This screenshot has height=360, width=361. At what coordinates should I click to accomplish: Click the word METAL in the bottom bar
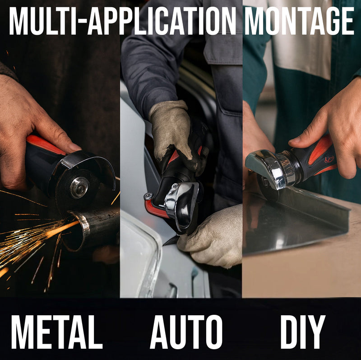pyautogui.click(x=56, y=332)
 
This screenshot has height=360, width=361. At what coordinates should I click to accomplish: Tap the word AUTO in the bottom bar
pyautogui.click(x=186, y=332)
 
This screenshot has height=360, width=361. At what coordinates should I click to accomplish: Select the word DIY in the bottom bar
pyautogui.click(x=302, y=332)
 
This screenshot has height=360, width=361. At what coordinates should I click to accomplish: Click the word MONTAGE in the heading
pyautogui.click(x=299, y=21)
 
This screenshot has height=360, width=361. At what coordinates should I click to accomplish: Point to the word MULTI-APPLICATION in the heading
pyautogui.click(x=122, y=21)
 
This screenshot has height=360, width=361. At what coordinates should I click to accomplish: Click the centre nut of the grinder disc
pyautogui.click(x=79, y=187)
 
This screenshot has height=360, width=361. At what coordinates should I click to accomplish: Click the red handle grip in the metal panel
pyautogui.click(x=45, y=145)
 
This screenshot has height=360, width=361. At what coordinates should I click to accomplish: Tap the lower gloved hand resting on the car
pyautogui.click(x=212, y=238)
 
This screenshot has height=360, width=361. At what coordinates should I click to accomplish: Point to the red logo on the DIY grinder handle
pyautogui.click(x=329, y=159)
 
